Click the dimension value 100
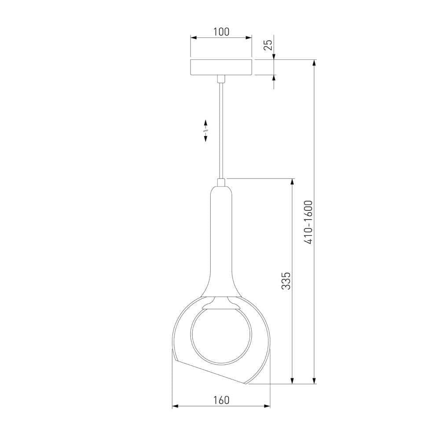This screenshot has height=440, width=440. (221, 32)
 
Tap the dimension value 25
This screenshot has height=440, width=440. (268, 45)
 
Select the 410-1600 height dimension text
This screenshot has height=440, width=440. (308, 222)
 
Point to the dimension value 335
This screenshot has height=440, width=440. (286, 280)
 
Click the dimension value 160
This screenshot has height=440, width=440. (221, 400)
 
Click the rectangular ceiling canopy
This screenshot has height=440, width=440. (221, 67)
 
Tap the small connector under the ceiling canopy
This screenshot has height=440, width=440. (221, 79)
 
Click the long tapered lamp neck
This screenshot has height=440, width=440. (221, 241)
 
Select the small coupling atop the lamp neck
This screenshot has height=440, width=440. (221, 183)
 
